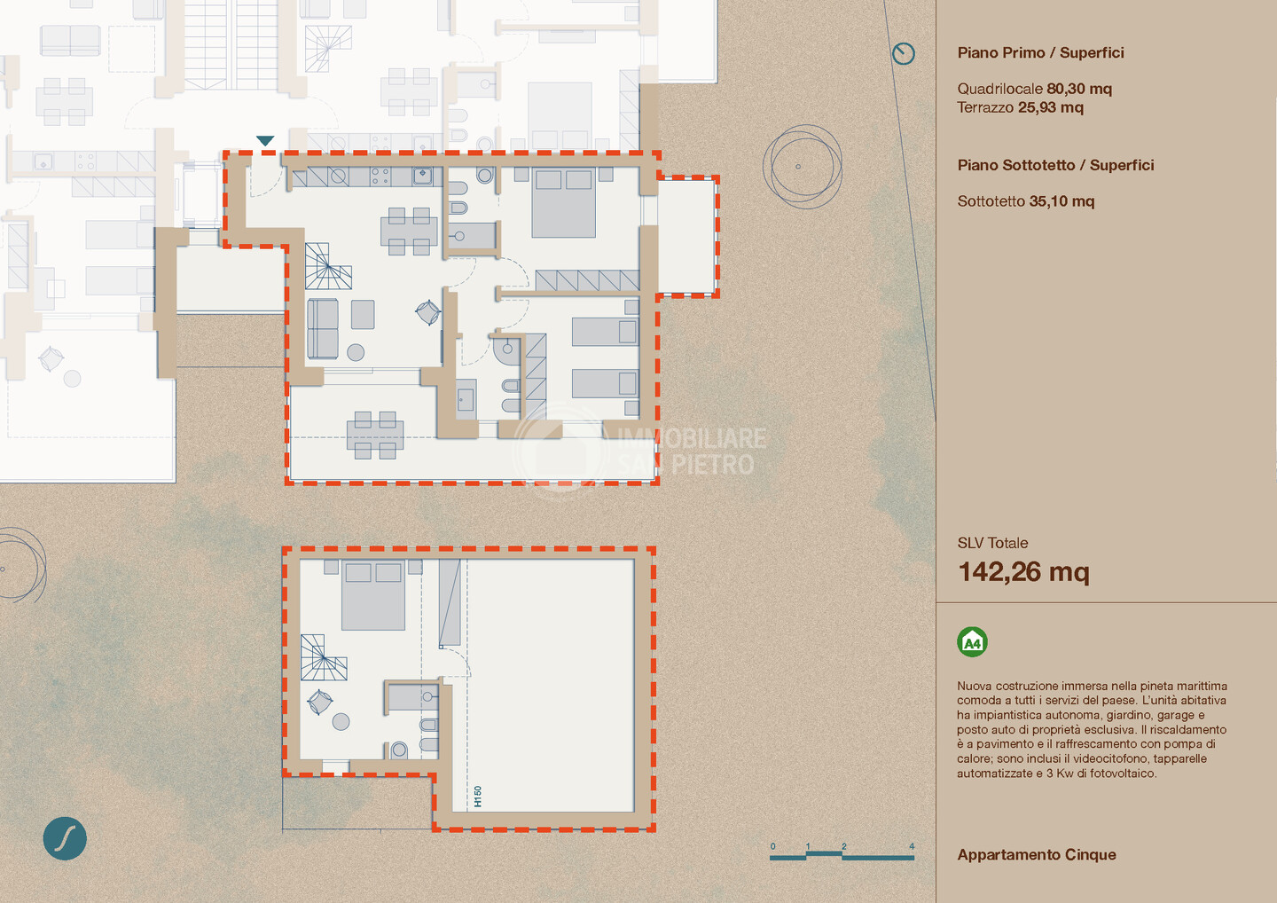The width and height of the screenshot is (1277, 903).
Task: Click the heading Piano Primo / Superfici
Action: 1040,53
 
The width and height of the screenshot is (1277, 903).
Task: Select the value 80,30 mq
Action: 1079,89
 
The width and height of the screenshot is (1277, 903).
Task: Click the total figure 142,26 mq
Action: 1023,572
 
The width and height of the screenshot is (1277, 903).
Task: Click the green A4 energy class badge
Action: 972,642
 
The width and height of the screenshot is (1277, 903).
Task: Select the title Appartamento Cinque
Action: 1037,855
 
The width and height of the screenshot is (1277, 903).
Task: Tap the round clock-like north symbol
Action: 903,53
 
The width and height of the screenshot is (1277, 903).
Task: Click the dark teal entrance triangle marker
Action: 265,140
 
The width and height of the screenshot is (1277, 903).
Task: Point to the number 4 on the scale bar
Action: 912,846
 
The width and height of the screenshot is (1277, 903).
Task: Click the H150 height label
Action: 478,797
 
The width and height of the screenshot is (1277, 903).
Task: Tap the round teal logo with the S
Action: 65,838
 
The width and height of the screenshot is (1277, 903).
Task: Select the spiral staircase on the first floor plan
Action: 328,266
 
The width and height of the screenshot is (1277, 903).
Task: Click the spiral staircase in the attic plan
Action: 323,657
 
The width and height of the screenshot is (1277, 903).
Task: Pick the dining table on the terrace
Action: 375,436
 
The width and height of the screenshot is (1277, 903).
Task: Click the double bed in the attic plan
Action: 373,594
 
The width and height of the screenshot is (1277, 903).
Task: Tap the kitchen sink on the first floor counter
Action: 422,176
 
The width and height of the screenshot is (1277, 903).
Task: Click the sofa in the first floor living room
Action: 323,328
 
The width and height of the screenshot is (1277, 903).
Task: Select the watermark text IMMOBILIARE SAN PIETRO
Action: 692,451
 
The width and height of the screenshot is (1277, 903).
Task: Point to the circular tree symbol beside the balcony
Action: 803,167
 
